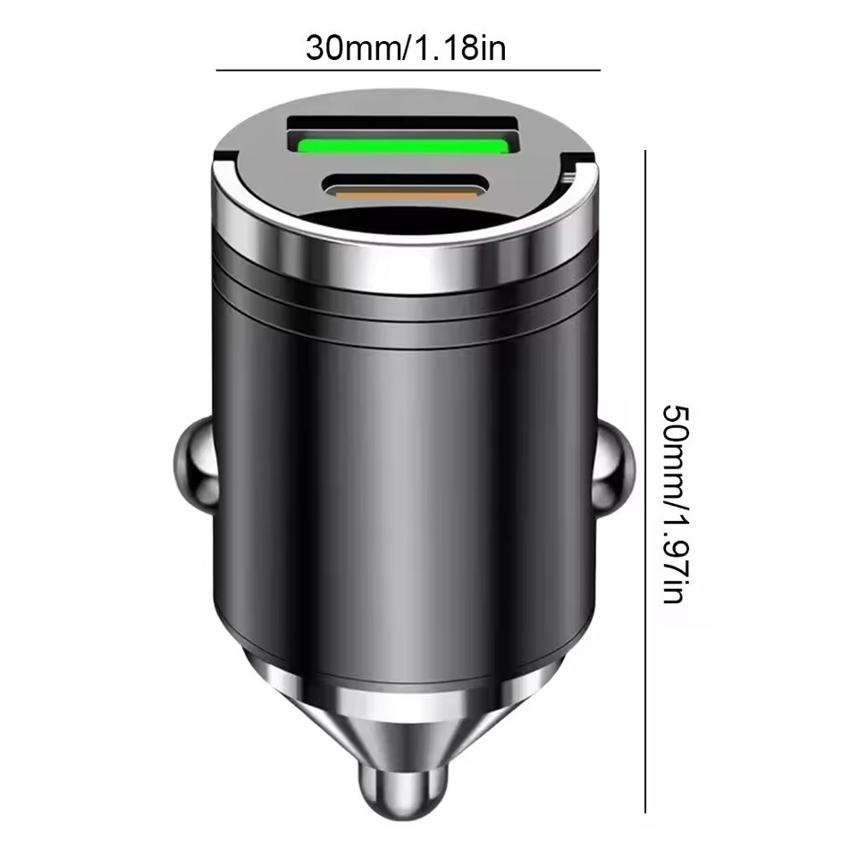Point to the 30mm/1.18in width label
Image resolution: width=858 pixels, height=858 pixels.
point(406,47)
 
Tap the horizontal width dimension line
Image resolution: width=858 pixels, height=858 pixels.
point(408,70)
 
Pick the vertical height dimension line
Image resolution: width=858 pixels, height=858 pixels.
point(645,483)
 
